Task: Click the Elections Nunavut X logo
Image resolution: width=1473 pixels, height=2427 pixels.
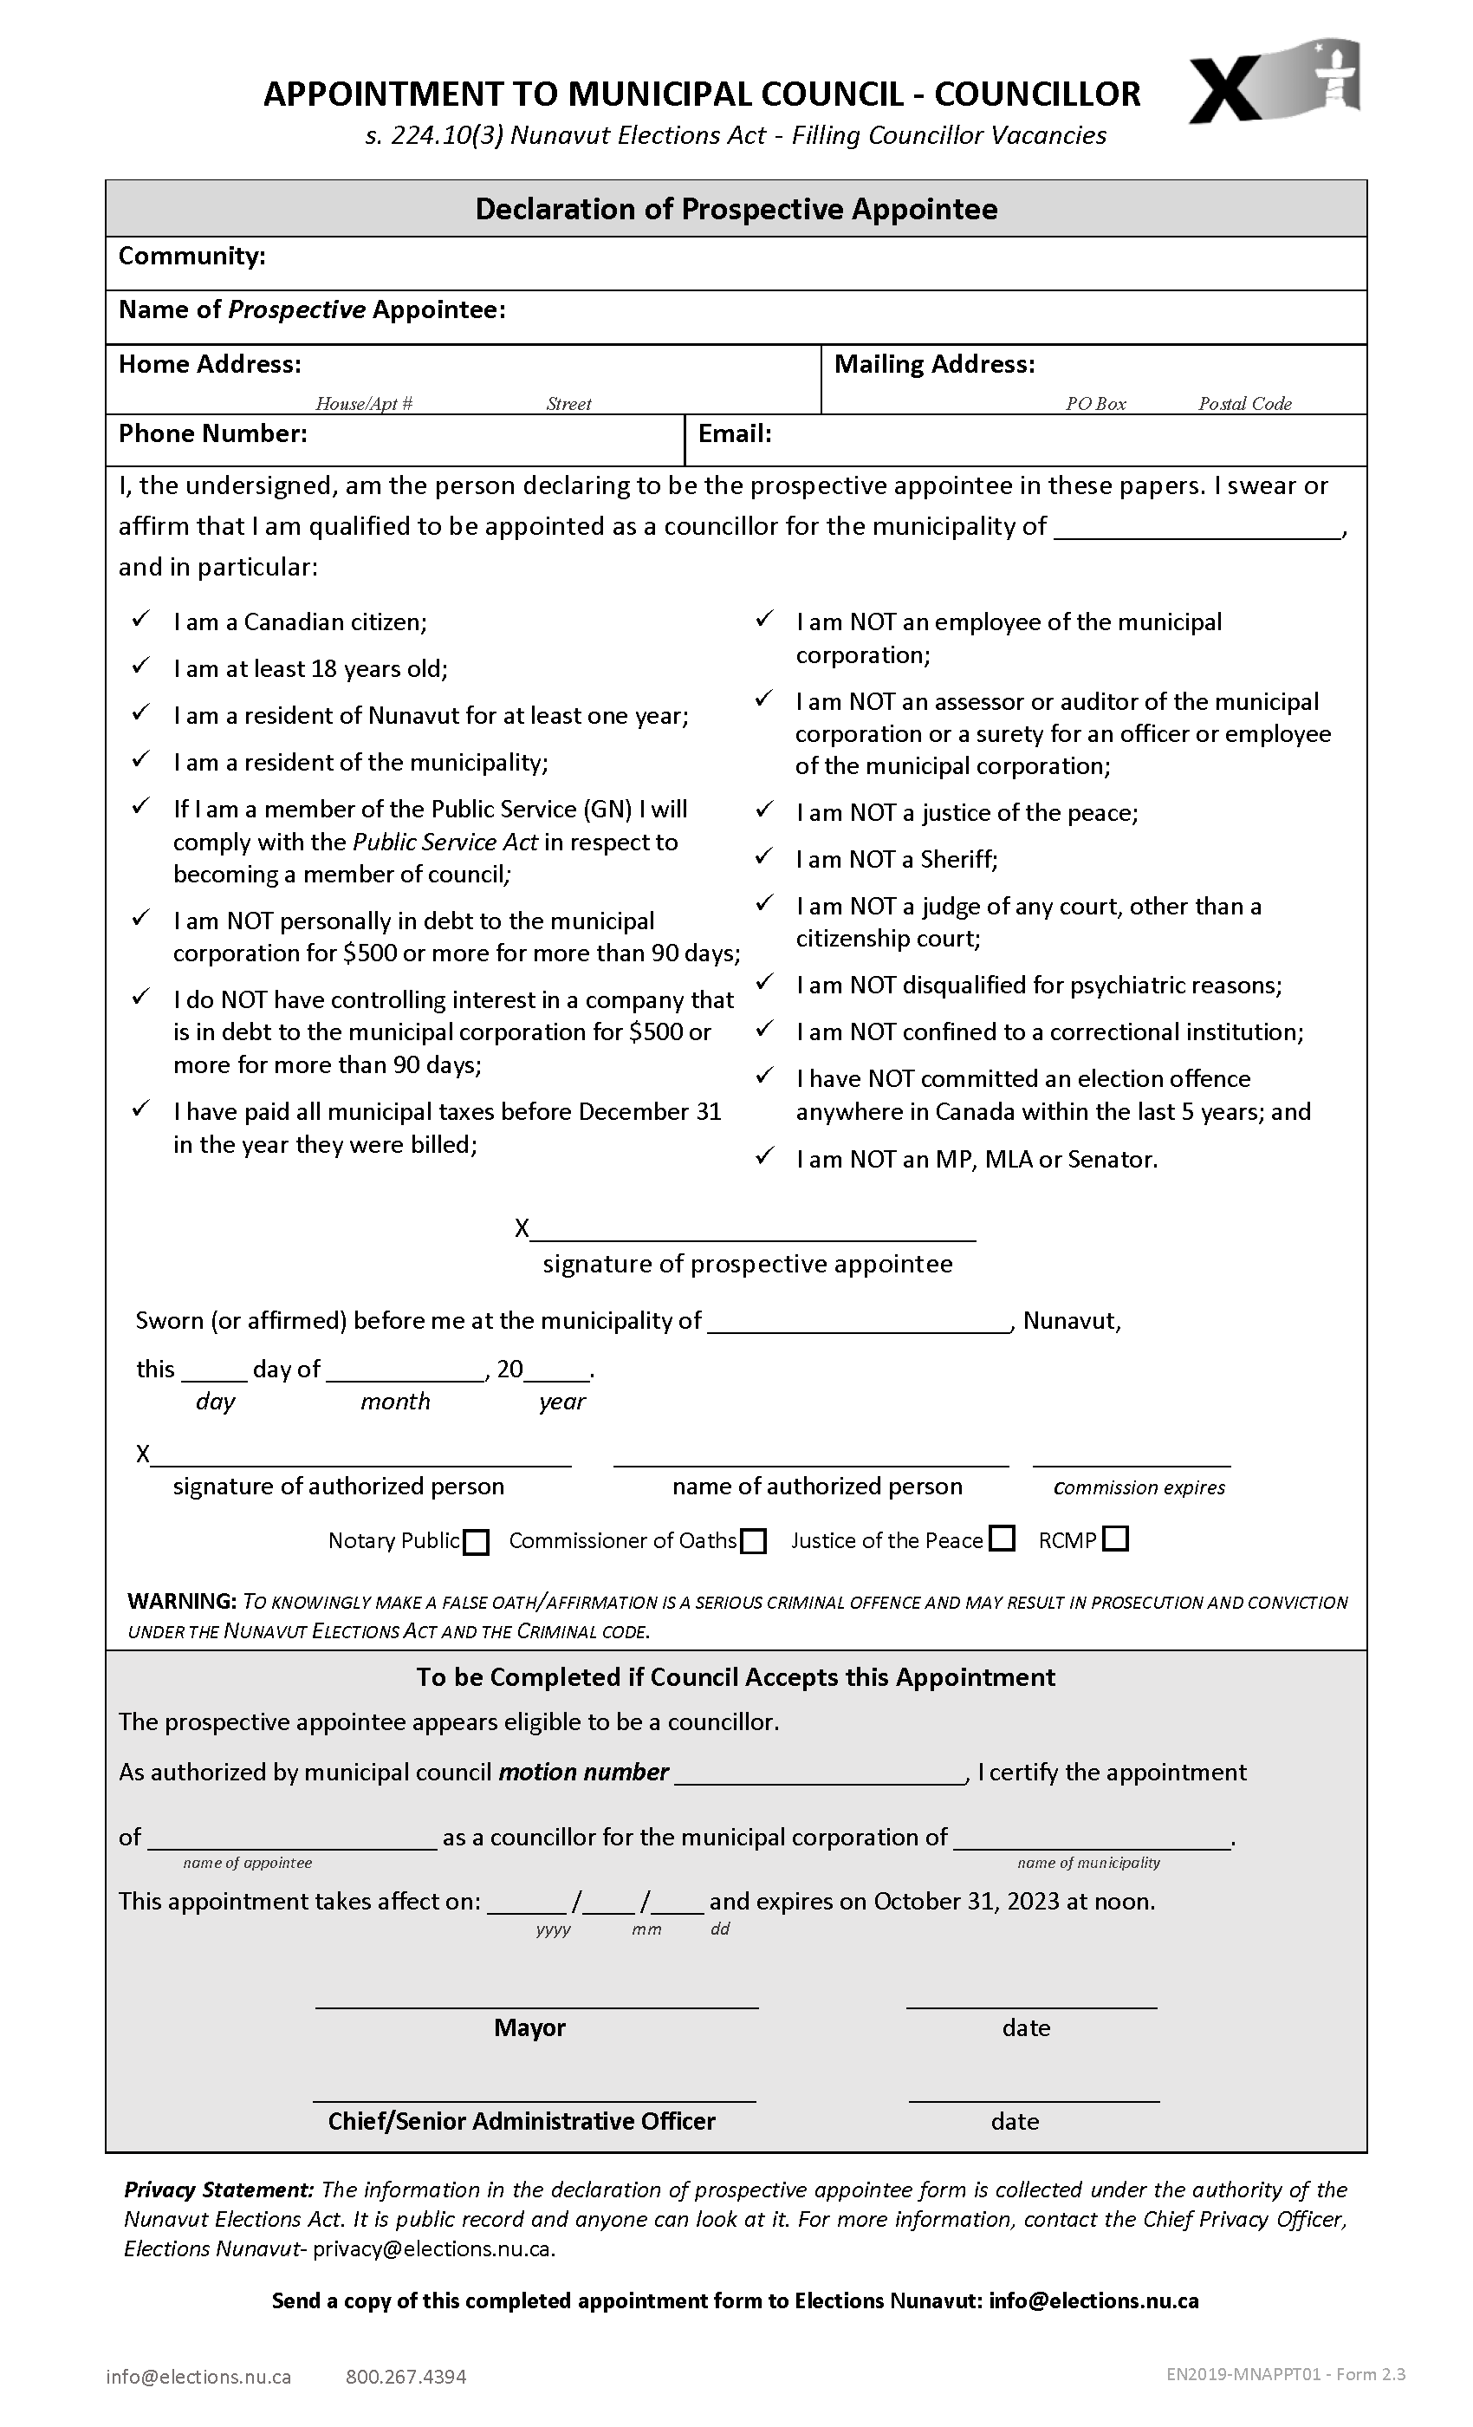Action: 1273,82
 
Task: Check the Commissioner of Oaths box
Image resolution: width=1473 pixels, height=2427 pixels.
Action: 753,1541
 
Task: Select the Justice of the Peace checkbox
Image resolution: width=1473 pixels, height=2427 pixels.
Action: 1003,1539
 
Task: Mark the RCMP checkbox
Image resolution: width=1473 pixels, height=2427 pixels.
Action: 1116,1539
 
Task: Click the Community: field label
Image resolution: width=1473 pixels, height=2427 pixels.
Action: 192,256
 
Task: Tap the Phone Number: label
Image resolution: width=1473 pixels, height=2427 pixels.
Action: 212,433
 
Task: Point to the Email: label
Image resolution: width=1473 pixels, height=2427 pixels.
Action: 735,433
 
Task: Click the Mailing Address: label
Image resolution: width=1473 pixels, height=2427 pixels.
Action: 934,364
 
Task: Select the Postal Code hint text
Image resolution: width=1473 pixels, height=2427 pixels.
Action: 1244,404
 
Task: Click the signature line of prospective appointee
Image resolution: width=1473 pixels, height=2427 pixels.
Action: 753,1231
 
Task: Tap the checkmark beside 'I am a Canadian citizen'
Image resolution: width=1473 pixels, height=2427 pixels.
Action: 140,620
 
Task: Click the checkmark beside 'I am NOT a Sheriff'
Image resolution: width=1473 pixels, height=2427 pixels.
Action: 764,857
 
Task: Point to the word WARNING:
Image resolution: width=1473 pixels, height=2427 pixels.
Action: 182,1602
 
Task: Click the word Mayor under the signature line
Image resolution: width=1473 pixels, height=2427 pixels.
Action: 529,2028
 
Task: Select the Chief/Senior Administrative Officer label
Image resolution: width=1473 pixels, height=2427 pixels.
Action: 522,2122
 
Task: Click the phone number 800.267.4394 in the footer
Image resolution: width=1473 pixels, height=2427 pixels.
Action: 406,2377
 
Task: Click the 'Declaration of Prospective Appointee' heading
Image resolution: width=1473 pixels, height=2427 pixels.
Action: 736,209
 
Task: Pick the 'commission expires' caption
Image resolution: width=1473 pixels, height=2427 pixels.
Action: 1139,1488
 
